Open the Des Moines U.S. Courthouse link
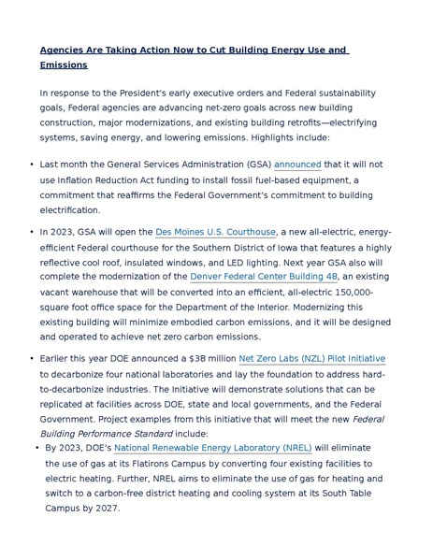tap(215, 232)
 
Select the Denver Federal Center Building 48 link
tap(264, 277)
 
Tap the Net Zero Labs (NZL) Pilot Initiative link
tap(311, 359)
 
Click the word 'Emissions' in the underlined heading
tap(64, 65)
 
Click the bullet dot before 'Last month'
tap(32, 165)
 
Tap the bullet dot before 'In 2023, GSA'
tap(32, 232)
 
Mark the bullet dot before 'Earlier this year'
tap(32, 359)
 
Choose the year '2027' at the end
tap(105, 509)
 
